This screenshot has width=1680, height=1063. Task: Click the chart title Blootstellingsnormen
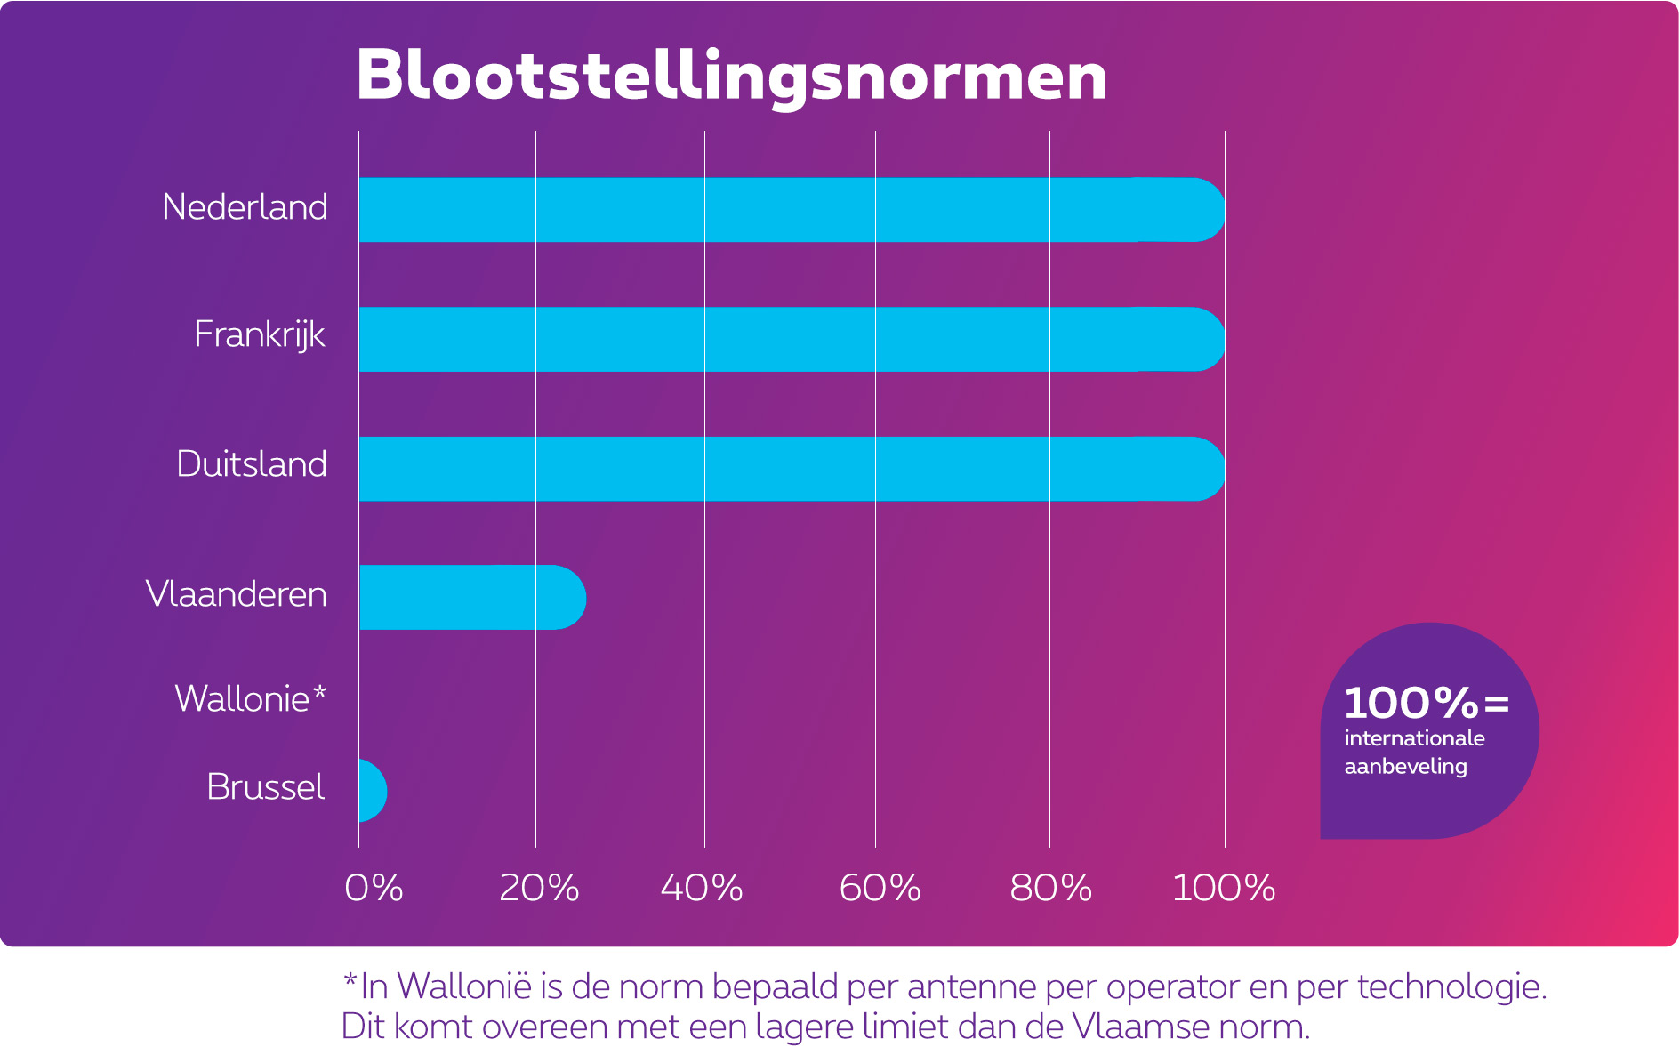(731, 77)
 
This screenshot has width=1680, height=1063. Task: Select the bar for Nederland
(792, 210)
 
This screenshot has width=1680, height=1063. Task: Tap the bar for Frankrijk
(792, 339)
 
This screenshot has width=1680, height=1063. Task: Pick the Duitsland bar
(792, 469)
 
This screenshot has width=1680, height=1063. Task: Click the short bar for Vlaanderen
(471, 597)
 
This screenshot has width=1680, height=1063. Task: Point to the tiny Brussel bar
(372, 790)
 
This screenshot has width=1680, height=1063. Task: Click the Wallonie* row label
(250, 699)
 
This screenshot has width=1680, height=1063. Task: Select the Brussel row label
(265, 787)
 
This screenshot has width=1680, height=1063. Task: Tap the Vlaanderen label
(237, 594)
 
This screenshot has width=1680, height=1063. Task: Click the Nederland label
(245, 207)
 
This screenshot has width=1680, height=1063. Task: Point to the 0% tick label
(374, 888)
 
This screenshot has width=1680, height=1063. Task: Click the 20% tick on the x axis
(539, 888)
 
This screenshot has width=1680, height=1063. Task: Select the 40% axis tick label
(702, 888)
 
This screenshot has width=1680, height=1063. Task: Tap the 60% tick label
(880, 888)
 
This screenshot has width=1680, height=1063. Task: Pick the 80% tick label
(1050, 888)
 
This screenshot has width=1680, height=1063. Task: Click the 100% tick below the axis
(1224, 888)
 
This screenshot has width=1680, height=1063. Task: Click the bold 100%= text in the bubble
(1427, 704)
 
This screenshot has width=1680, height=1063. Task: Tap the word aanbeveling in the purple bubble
(1405, 767)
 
